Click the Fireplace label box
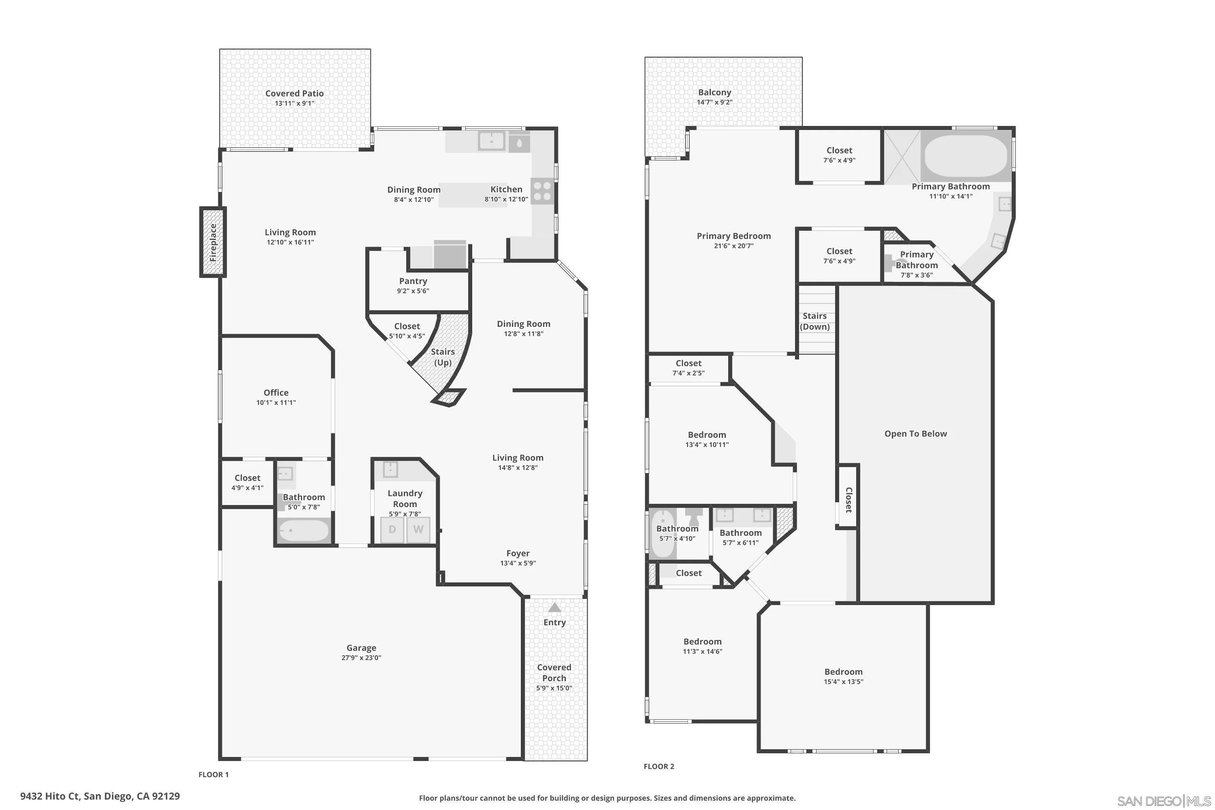point(213,242)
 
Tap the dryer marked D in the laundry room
point(392,529)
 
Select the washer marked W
point(418,529)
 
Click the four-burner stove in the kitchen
point(542,191)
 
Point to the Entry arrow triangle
point(554,607)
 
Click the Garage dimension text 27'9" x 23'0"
point(361,658)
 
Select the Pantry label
point(413,281)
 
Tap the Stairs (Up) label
point(443,357)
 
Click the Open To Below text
point(915,433)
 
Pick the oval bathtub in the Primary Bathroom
point(966,156)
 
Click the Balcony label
point(714,92)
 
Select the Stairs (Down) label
point(814,321)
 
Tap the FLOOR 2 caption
point(659,766)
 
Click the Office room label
point(276,392)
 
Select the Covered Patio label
point(294,94)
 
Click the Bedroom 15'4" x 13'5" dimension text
point(843,681)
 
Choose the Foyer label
point(518,553)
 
